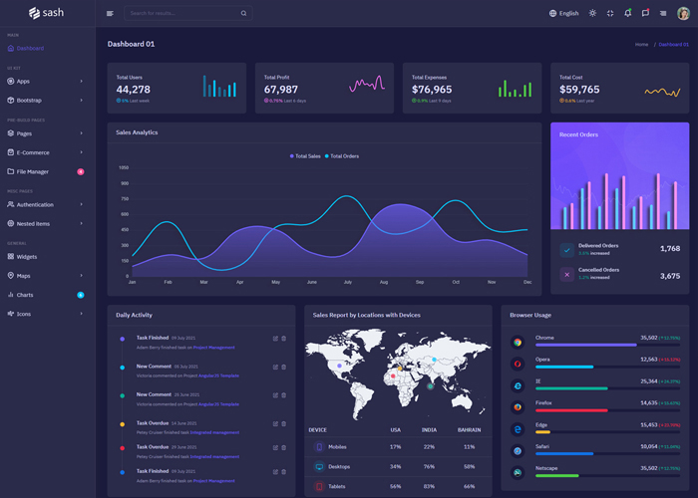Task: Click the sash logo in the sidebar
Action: pos(47,13)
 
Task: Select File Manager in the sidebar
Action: pos(33,171)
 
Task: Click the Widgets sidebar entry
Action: pos(27,256)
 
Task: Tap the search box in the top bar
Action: pos(184,14)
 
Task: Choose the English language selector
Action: pos(563,14)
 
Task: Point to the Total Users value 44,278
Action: pos(134,90)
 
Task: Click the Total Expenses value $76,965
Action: pos(432,90)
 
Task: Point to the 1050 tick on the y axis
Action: pos(124,168)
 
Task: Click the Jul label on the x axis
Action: pos(348,282)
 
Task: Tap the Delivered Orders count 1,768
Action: pos(670,248)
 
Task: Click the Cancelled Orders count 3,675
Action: pos(670,276)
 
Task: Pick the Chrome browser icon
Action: pos(518,343)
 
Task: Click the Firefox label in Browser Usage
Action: pos(545,401)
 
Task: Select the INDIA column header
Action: pos(430,429)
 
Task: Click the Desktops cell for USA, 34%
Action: pos(396,466)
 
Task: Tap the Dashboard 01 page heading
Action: pos(132,44)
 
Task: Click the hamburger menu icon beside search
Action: pos(110,14)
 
